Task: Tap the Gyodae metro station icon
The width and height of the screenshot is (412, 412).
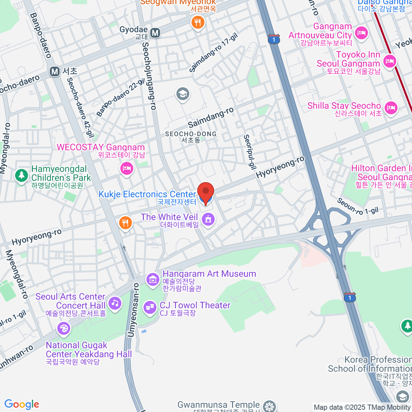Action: [x=155, y=33]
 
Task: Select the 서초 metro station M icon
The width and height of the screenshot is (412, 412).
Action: [x=55, y=71]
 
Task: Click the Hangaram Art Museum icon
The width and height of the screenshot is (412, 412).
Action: [x=152, y=279]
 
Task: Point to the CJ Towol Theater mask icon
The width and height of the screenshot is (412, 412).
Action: [x=150, y=307]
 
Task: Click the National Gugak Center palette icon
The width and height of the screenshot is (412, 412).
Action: [x=64, y=329]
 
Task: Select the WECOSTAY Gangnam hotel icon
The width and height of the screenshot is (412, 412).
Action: [x=127, y=168]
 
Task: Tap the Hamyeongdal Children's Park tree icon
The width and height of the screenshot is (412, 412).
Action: [x=21, y=175]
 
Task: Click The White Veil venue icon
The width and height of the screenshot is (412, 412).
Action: [x=208, y=219]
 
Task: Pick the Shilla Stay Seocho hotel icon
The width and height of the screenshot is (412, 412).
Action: [x=391, y=108]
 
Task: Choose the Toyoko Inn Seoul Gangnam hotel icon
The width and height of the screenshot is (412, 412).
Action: [x=390, y=61]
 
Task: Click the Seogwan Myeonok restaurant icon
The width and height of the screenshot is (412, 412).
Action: [x=197, y=22]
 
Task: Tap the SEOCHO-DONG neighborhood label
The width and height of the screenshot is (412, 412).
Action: [x=191, y=137]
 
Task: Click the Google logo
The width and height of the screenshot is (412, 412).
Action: [x=22, y=404]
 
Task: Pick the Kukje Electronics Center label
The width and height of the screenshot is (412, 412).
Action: [x=147, y=194]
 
